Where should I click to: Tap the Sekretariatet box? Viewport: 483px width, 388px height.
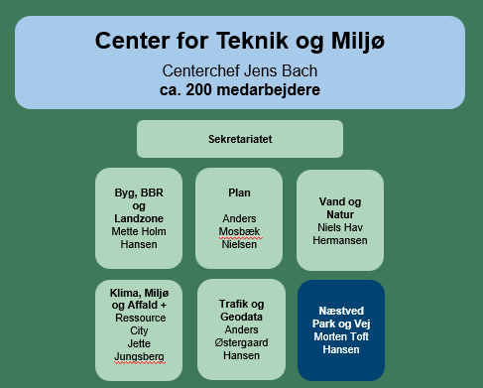click(x=240, y=139)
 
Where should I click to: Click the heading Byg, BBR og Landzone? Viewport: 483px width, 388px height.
click(x=139, y=204)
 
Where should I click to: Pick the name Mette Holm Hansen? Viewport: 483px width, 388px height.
click(x=139, y=237)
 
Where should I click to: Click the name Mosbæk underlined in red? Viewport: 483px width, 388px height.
click(x=239, y=231)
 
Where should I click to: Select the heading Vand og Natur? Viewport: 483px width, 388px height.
click(x=339, y=207)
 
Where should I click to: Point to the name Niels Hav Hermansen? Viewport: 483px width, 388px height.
click(x=339, y=234)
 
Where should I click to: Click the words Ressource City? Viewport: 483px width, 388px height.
click(x=139, y=324)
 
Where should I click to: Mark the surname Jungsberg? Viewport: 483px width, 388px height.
click(x=139, y=357)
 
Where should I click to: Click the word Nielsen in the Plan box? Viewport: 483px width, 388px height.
click(x=239, y=244)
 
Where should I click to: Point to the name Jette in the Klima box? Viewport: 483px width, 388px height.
click(x=139, y=343)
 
